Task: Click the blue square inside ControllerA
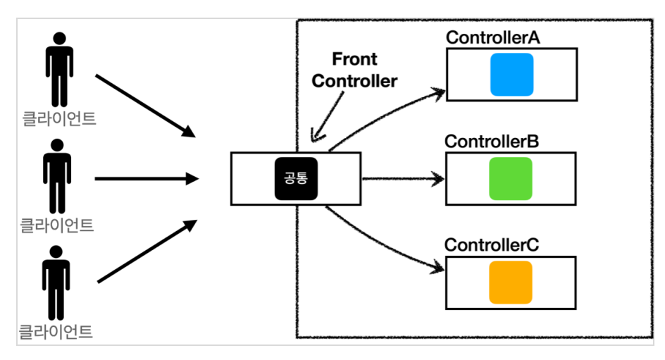511,75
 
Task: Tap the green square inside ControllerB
511,178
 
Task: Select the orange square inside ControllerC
511,283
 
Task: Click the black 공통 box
296,178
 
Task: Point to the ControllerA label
493,37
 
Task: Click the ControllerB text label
492,141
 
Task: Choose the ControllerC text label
492,244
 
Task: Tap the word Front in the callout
354,59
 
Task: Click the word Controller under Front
354,81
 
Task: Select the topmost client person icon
59,70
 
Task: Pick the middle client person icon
57,176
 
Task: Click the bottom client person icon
56,283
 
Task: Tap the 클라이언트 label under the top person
59,118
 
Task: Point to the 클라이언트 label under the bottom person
56,332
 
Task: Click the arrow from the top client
145,106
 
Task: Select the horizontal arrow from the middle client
147,178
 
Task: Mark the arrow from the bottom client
147,251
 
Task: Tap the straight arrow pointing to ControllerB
403,178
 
